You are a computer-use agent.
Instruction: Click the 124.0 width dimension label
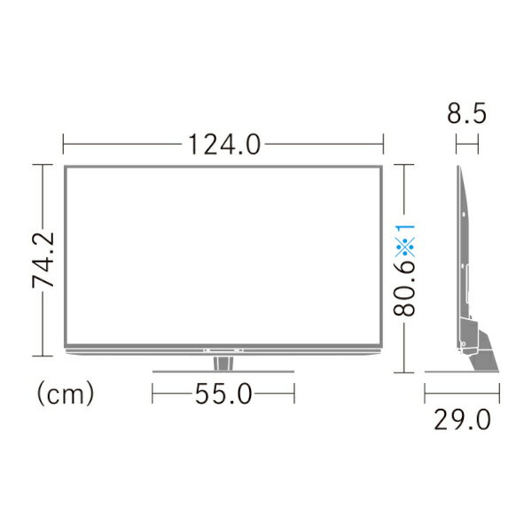click(224, 145)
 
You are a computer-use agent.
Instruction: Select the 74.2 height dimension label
click(43, 260)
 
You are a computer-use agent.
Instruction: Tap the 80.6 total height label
click(404, 291)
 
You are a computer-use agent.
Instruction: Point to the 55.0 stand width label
click(223, 394)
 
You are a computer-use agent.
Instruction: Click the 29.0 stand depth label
click(462, 419)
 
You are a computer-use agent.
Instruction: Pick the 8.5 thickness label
click(467, 113)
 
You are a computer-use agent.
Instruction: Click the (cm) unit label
click(65, 393)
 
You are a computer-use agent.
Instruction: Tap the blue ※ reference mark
click(405, 247)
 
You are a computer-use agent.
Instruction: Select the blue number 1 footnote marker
click(406, 230)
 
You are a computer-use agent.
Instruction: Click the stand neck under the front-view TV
click(223, 363)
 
